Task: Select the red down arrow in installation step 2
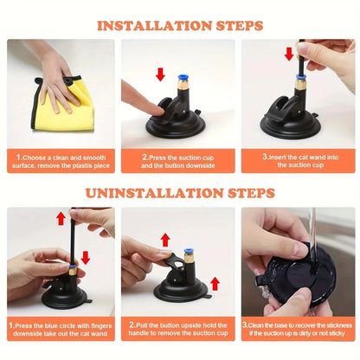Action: point(160,74)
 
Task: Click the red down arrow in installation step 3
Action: point(288,55)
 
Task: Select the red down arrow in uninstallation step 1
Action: point(85,256)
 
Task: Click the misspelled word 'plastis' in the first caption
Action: point(80,165)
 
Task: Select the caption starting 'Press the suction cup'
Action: point(179,161)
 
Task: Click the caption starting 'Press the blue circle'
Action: point(60,328)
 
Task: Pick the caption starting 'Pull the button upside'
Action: point(179,328)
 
